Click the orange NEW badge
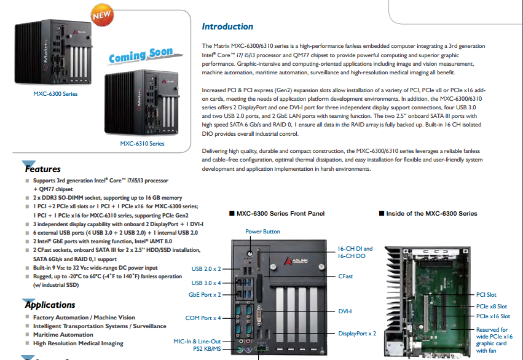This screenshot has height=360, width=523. pos(102,15)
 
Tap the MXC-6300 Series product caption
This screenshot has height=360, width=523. pos(55,94)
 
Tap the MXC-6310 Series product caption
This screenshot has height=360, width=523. pos(142,144)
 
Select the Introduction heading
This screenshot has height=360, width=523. pos(227,26)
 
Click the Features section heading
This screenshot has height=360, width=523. pos(42,169)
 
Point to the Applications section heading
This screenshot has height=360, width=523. pos(50,305)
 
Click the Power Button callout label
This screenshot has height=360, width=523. pos(262,232)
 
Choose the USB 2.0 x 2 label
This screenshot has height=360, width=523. pos(206,268)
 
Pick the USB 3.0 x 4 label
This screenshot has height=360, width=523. pos(206,283)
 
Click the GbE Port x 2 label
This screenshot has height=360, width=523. pos(205,295)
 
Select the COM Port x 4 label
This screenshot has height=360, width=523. pos(203,318)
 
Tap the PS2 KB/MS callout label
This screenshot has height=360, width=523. pos(206,349)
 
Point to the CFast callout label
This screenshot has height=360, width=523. pos(345,276)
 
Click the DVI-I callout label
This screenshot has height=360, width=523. pos(345,311)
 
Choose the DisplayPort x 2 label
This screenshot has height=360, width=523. pos(357,334)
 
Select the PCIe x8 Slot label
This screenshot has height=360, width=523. pos(491,307)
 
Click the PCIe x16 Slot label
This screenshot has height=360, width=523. pos(493,316)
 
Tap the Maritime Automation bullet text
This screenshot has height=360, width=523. pos(63,335)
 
